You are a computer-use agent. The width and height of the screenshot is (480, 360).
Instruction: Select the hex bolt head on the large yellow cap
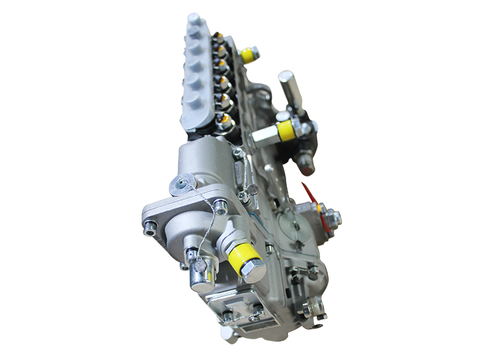click(254, 271)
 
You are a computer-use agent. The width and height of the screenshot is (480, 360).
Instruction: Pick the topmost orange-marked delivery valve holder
click(220, 40)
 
